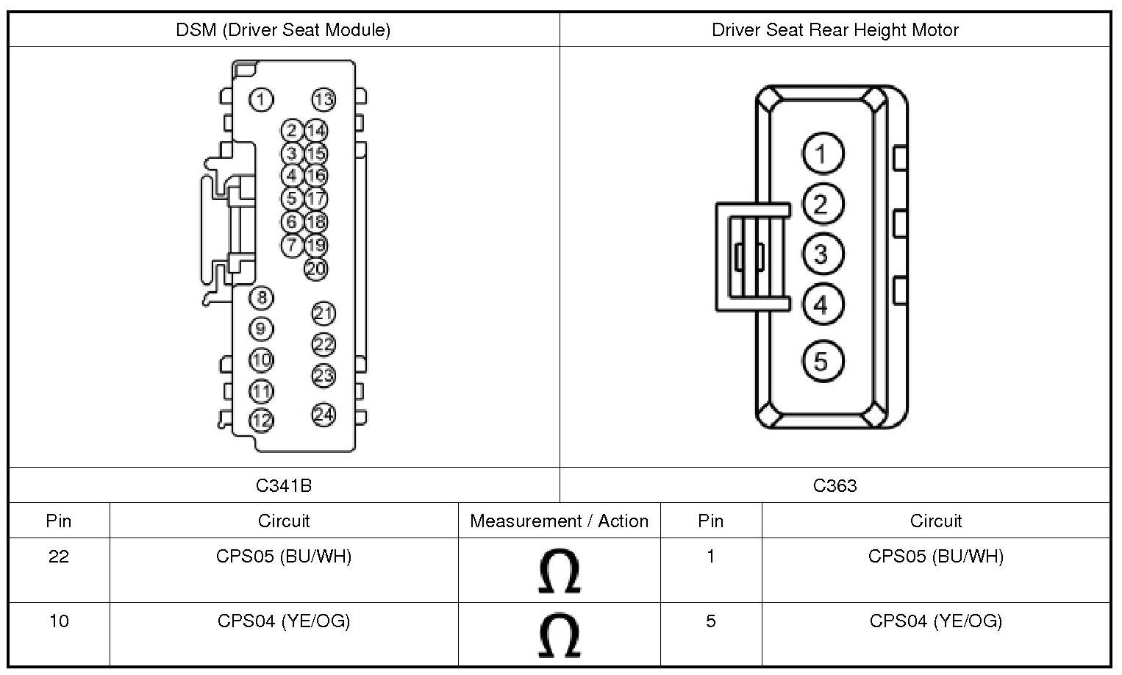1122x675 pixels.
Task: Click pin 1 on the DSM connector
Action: pyautogui.click(x=261, y=99)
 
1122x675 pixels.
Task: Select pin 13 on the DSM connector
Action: pyautogui.click(x=324, y=99)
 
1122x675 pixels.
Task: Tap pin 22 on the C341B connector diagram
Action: pyautogui.click(x=324, y=344)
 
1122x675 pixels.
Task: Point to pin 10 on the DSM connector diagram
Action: pyautogui.click(x=261, y=360)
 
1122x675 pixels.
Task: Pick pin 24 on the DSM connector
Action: pyautogui.click(x=324, y=415)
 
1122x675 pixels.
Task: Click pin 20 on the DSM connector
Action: pyautogui.click(x=315, y=268)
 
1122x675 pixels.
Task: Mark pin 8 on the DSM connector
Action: pyautogui.click(x=261, y=298)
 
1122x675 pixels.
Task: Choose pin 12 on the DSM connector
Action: pyautogui.click(x=261, y=421)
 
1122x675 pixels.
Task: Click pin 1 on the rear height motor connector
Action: pyautogui.click(x=821, y=154)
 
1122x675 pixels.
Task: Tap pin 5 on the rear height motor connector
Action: pyautogui.click(x=821, y=361)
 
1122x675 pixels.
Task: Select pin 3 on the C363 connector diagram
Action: pyautogui.click(x=821, y=254)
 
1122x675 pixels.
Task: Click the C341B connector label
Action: pyautogui.click(x=284, y=485)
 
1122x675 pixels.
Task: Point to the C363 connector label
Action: pyautogui.click(x=835, y=485)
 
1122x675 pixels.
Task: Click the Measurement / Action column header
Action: pyautogui.click(x=559, y=521)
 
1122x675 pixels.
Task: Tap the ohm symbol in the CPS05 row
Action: pyautogui.click(x=559, y=571)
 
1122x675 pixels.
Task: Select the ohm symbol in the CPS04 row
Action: pyautogui.click(x=559, y=636)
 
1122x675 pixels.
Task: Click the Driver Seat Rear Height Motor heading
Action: pyautogui.click(x=835, y=30)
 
